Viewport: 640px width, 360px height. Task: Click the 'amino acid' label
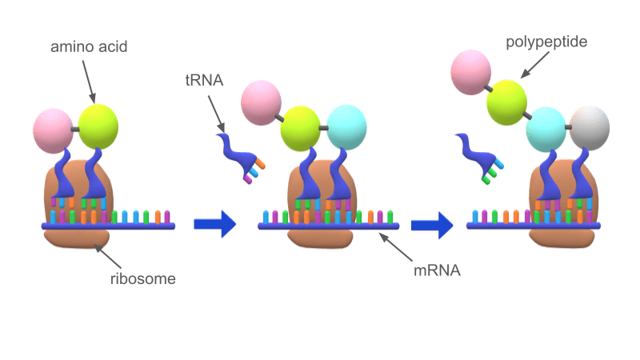click(x=89, y=47)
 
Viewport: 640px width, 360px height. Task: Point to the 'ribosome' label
click(x=142, y=279)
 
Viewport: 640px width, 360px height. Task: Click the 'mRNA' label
click(x=437, y=270)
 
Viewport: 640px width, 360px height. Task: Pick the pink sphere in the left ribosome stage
click(x=54, y=130)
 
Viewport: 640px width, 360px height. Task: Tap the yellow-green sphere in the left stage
click(x=98, y=127)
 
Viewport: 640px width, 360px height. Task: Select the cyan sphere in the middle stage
click(x=346, y=126)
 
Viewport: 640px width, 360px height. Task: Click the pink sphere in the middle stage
click(x=261, y=102)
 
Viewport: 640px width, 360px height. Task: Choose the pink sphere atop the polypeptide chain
click(x=470, y=70)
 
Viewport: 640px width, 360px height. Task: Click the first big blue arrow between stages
click(x=215, y=225)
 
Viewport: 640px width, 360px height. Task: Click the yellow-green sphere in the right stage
click(x=507, y=102)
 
